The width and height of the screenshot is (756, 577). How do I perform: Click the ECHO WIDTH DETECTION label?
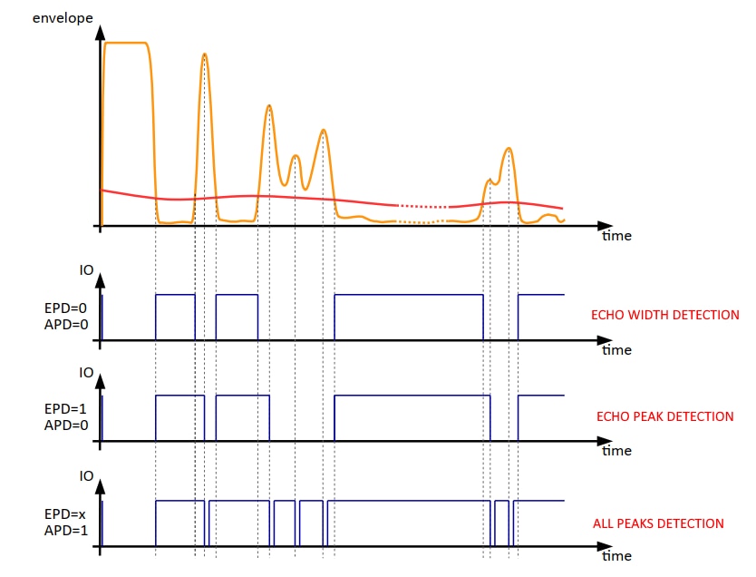coord(664,316)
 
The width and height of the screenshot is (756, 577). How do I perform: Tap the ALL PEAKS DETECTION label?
coord(658,523)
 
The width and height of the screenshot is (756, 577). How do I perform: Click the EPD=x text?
coord(64,513)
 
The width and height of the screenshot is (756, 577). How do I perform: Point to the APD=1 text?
coord(64,529)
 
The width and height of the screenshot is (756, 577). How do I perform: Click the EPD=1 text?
coord(64,408)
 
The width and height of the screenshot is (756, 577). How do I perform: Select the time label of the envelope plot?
coord(616,236)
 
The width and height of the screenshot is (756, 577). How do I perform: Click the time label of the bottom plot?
coord(616,555)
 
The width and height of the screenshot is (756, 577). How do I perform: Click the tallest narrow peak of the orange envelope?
coord(205,55)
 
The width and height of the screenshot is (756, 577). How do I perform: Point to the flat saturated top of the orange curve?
coord(126,43)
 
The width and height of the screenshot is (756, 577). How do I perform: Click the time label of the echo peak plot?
coord(616,450)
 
